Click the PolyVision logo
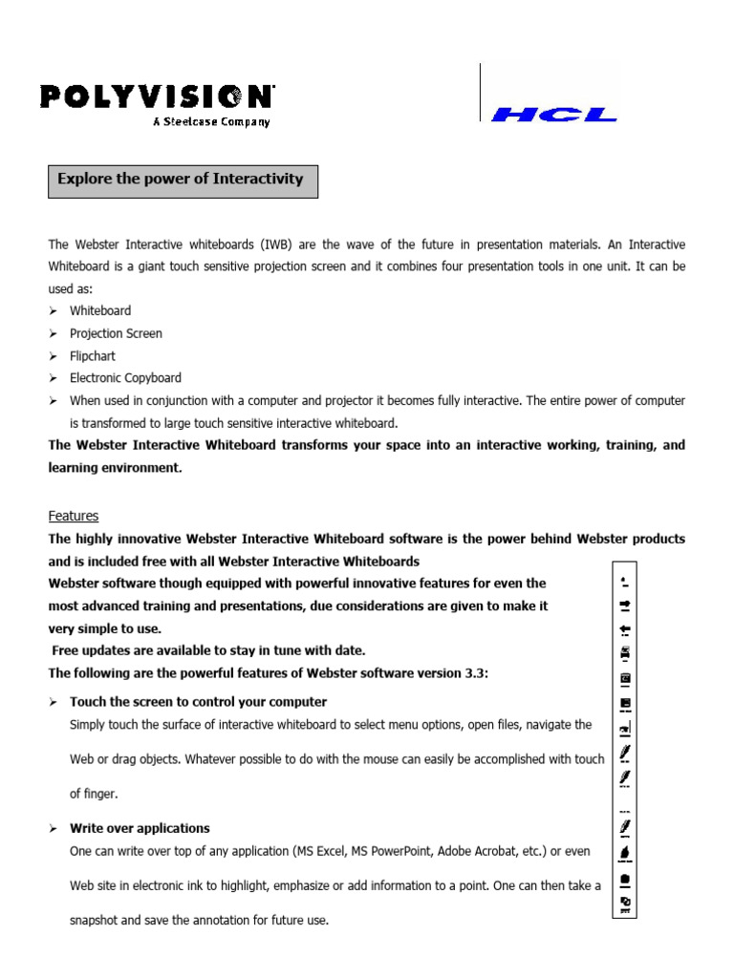[x=157, y=97]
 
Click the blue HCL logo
[x=553, y=115]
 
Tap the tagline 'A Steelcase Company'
[x=211, y=122]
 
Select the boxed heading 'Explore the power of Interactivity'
[x=181, y=179]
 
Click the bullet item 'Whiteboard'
[x=100, y=311]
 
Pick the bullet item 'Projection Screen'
[x=116, y=333]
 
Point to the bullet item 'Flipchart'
[x=93, y=356]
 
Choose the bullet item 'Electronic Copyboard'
[x=125, y=378]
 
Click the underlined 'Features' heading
[x=74, y=516]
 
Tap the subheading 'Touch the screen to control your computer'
[x=198, y=702]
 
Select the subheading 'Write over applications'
[x=140, y=828]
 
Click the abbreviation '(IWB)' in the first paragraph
[x=240, y=245]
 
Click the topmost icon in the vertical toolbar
[x=625, y=581]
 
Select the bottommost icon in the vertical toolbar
[x=625, y=903]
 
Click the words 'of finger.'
[x=94, y=794]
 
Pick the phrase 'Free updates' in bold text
[x=93, y=650]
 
